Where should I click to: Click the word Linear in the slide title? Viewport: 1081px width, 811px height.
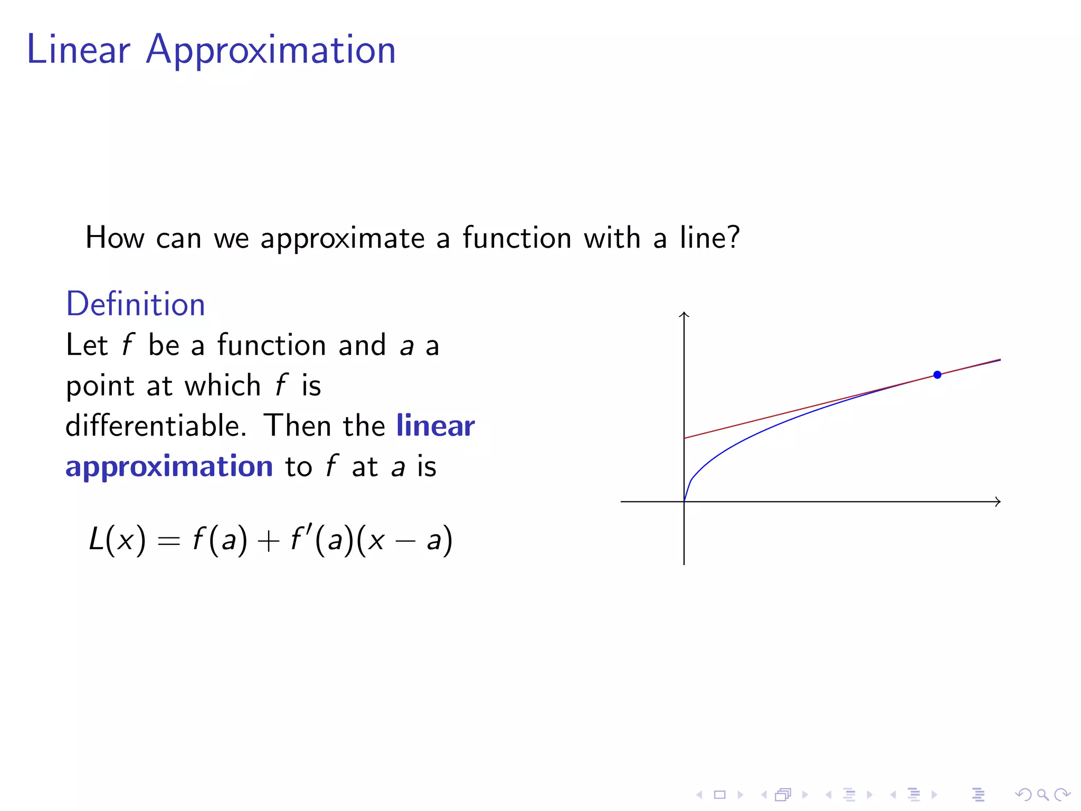[78, 50]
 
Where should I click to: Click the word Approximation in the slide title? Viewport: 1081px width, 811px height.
[271, 51]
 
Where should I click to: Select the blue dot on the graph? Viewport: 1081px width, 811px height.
[937, 375]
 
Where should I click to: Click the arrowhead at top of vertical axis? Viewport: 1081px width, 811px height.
[684, 315]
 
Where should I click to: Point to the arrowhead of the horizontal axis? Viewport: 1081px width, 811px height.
[997, 502]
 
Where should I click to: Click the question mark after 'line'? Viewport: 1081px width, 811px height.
[733, 238]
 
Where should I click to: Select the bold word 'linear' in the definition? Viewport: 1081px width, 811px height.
[435, 426]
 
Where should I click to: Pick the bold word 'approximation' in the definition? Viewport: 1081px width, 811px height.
[169, 467]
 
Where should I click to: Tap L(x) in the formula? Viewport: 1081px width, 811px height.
[117, 540]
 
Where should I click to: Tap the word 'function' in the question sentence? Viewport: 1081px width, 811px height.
[517, 238]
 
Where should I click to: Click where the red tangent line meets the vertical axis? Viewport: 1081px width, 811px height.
[685, 438]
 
